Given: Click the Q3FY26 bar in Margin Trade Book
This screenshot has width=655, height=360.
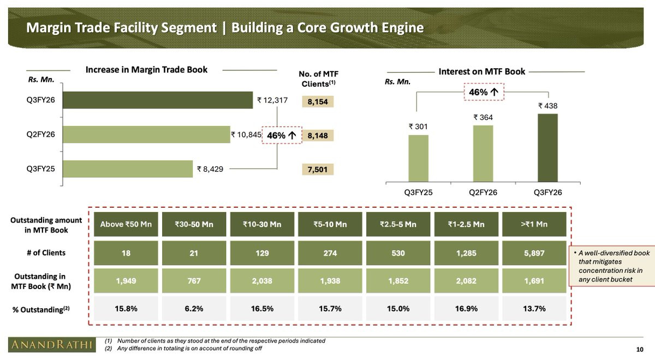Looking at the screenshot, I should (158, 100).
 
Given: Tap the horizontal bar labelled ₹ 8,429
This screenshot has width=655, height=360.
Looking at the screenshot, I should (128, 169).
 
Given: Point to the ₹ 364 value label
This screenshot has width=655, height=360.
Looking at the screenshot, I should (483, 117).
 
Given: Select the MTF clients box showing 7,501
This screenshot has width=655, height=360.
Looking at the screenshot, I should (317, 170).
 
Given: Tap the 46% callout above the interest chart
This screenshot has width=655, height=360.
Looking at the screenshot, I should (483, 92).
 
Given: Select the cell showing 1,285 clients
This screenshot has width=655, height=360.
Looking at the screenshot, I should (467, 253).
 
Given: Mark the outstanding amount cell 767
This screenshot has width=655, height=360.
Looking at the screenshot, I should (194, 281).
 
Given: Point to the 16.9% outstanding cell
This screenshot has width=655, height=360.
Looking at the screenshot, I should (467, 309).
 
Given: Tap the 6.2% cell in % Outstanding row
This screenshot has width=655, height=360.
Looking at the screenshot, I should (194, 309).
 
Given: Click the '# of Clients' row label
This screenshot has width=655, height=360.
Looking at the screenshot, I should (46, 253).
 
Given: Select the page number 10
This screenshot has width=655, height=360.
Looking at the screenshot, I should (640, 349).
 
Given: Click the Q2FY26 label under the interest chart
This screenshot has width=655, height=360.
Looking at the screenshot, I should (483, 193).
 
